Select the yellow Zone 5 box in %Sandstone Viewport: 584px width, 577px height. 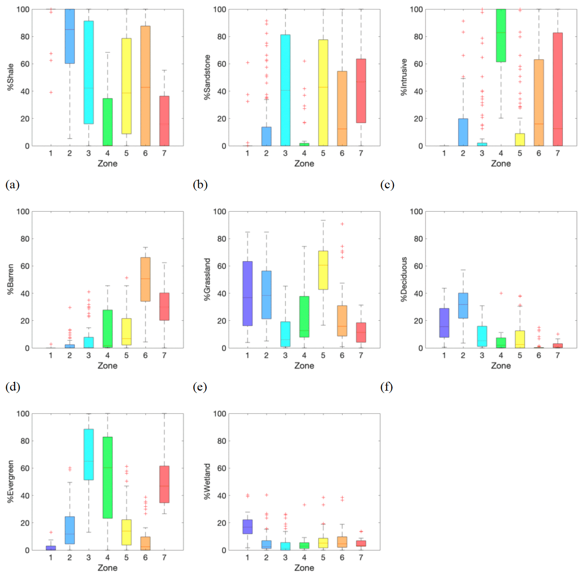[x=323, y=92]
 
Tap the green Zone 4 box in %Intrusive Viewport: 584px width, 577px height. [x=501, y=35]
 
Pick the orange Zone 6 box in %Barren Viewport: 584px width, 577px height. [x=145, y=279]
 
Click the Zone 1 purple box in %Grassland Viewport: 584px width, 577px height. [x=247, y=293]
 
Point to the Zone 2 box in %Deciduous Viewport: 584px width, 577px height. [x=463, y=305]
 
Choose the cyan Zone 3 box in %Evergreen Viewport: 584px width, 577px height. [x=89, y=454]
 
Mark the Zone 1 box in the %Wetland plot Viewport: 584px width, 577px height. [x=247, y=526]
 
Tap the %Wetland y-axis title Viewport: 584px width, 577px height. [x=207, y=481]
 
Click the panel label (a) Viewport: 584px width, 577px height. [x=13, y=185]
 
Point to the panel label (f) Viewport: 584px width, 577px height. [x=386, y=387]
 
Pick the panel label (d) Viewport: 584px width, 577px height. [x=13, y=387]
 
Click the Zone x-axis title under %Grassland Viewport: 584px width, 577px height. [x=304, y=366]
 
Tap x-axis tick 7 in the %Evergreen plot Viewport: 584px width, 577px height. [x=164, y=557]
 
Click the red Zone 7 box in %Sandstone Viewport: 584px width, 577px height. [x=361, y=91]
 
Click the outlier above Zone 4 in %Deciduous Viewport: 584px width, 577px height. [x=501, y=293]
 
